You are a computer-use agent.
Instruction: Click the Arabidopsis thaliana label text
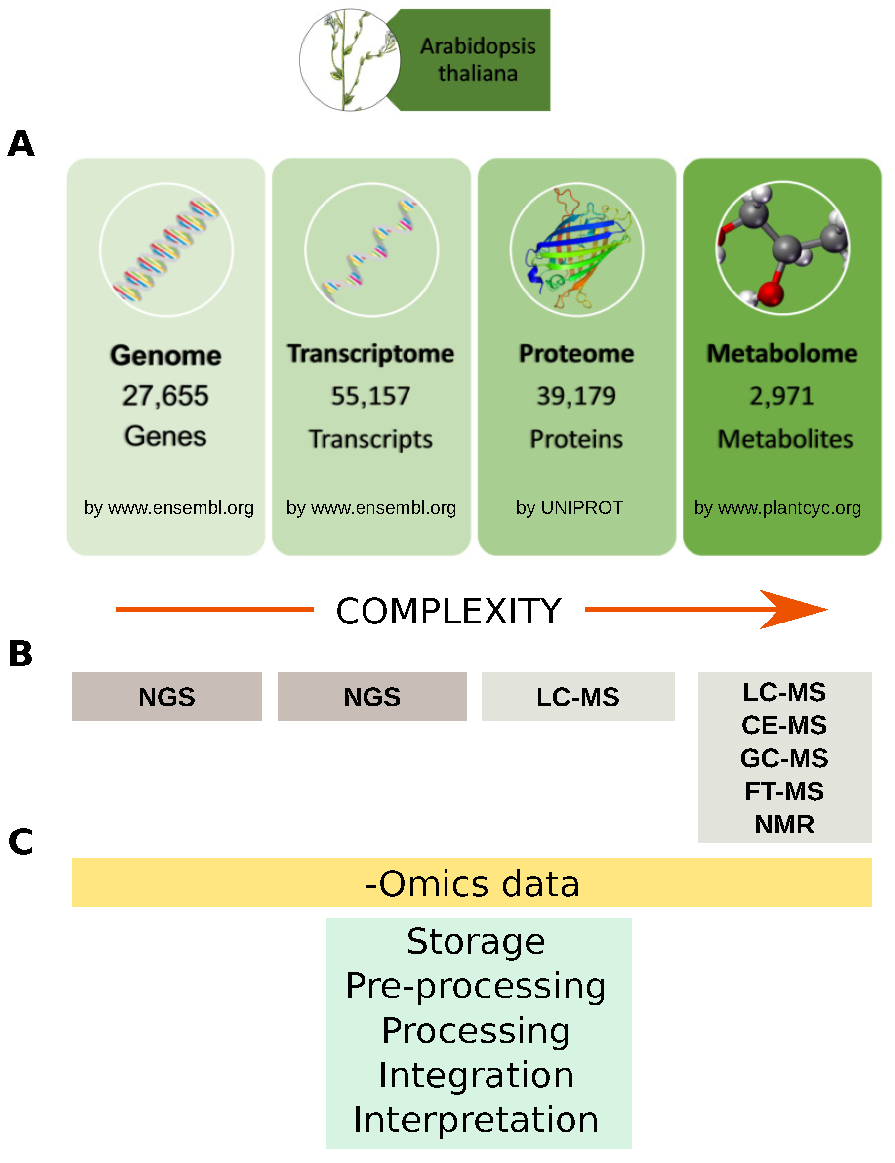(477, 60)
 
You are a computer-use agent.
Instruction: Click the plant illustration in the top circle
(349, 60)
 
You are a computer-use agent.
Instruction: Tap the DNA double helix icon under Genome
(166, 250)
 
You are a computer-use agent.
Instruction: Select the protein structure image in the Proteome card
(576, 250)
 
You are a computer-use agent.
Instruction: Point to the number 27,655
(165, 396)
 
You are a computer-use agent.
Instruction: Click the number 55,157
(370, 396)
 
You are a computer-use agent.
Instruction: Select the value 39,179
(576, 396)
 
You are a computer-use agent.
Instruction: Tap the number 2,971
(781, 396)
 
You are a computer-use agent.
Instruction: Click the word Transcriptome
(370, 354)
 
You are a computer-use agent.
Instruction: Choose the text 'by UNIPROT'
(569, 507)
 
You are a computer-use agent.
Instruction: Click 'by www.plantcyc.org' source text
(777, 507)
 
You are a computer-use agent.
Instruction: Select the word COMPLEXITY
(449, 610)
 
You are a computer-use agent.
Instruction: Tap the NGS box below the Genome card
(166, 697)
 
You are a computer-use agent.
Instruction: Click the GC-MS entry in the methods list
(784, 758)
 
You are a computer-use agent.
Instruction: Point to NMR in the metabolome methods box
(784, 824)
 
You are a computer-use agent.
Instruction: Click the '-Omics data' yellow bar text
(472, 883)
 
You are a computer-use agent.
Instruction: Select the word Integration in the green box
(476, 1075)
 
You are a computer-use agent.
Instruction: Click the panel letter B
(21, 654)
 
